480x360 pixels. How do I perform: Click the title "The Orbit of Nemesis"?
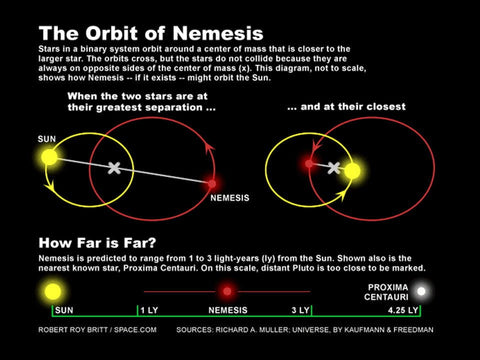coord(151,33)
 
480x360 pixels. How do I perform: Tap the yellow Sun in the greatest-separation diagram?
coord(49,157)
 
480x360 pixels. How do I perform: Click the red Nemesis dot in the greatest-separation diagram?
coord(212,184)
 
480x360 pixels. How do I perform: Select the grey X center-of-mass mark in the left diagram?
coord(114,168)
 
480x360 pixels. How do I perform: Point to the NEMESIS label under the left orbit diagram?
coord(230,198)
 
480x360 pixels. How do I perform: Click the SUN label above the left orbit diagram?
coord(47,139)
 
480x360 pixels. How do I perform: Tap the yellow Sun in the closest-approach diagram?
coord(352,171)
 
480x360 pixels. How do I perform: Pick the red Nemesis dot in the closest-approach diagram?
coord(309,164)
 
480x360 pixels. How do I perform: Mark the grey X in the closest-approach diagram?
coord(334,168)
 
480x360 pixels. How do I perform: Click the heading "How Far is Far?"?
coord(97,243)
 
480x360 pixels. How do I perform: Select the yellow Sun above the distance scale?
coord(53,292)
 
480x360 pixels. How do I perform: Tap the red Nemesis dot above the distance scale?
coord(227,292)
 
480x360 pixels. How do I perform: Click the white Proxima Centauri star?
coord(421,291)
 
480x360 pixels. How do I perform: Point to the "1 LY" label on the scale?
coord(149,310)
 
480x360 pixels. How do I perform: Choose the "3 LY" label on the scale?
coord(300,310)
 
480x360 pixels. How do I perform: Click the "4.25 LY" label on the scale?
coord(403,310)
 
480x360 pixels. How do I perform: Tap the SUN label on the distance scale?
coord(64,310)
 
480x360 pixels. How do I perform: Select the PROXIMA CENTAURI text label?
coord(386,292)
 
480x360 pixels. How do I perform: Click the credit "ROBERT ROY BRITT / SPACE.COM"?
coord(97,330)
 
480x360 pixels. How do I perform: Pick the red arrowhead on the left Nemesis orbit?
coord(210,148)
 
